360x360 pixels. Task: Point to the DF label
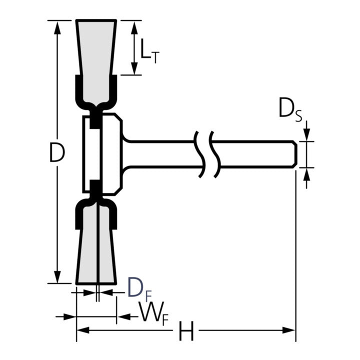coord(136,288)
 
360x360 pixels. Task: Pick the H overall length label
coord(186,331)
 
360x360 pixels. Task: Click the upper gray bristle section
coord(96,47)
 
